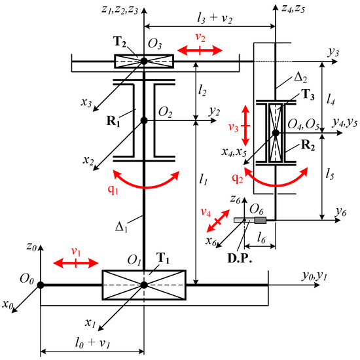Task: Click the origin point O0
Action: [41, 285]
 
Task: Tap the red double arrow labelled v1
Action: [76, 263]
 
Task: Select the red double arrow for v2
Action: [200, 50]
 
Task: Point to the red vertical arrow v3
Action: [245, 126]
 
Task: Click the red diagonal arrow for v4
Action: [218, 221]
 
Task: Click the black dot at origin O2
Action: [144, 120]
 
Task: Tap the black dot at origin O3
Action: [144, 62]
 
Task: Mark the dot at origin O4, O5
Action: [276, 133]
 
